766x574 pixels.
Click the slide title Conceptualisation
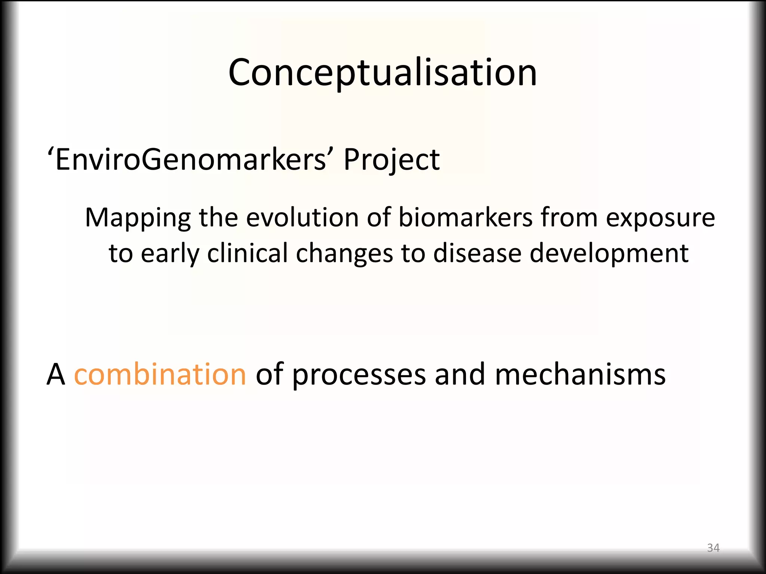pos(382,72)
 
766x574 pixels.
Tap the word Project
pos(391,160)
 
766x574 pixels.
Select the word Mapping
pos(138,218)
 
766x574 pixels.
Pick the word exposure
pos(660,218)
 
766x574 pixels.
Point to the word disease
pos(477,253)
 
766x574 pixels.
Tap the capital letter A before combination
pos(56,375)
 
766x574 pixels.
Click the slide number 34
pos(713,548)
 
